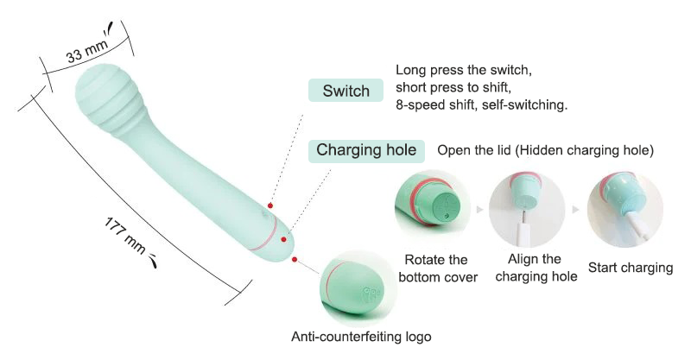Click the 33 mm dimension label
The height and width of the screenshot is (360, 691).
(86, 51)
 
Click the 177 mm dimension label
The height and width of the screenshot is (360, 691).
(125, 235)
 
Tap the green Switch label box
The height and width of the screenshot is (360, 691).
(346, 91)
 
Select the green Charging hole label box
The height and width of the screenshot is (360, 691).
(366, 151)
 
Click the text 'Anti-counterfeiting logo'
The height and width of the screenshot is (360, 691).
(361, 337)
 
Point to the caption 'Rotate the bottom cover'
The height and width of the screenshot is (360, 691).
(438, 268)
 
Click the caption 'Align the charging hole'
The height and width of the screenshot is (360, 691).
(536, 268)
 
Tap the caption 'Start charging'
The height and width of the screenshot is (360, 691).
(631, 268)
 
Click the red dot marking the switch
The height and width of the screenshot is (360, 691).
(270, 205)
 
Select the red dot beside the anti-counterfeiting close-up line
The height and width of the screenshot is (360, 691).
(295, 260)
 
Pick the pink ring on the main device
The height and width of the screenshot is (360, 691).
(263, 234)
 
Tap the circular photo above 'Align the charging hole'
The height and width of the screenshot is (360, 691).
(527, 209)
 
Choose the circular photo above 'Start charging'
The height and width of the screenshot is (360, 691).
(624, 209)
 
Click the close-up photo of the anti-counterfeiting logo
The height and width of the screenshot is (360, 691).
(357, 288)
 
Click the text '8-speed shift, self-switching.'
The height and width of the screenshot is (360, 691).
(481, 105)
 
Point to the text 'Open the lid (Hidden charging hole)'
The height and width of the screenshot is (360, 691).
(545, 150)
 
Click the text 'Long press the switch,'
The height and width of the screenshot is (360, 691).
(464, 70)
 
